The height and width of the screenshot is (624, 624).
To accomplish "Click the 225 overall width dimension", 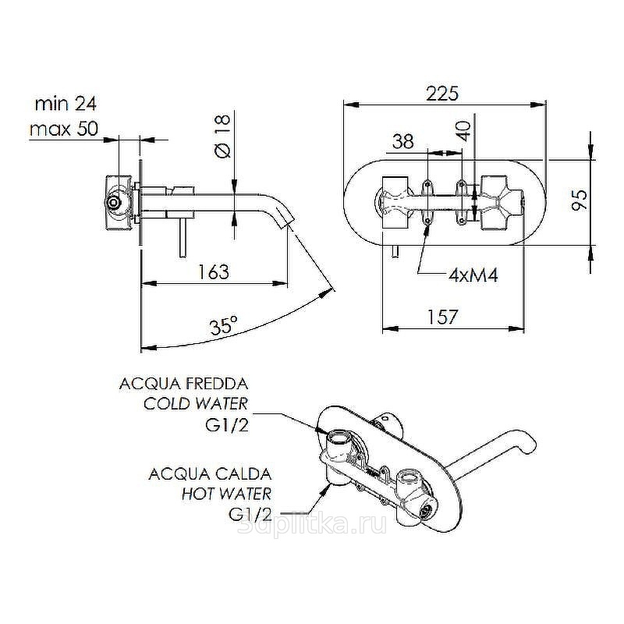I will click(441, 92).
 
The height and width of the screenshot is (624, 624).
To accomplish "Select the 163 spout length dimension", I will click(212, 271).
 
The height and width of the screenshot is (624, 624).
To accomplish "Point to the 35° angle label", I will click(223, 326).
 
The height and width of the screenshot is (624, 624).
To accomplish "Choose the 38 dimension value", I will click(402, 142).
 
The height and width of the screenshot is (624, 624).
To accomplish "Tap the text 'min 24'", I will click(66, 104).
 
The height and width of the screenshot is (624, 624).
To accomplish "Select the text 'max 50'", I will click(63, 129).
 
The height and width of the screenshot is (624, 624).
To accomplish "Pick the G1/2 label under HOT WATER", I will click(250, 514).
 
